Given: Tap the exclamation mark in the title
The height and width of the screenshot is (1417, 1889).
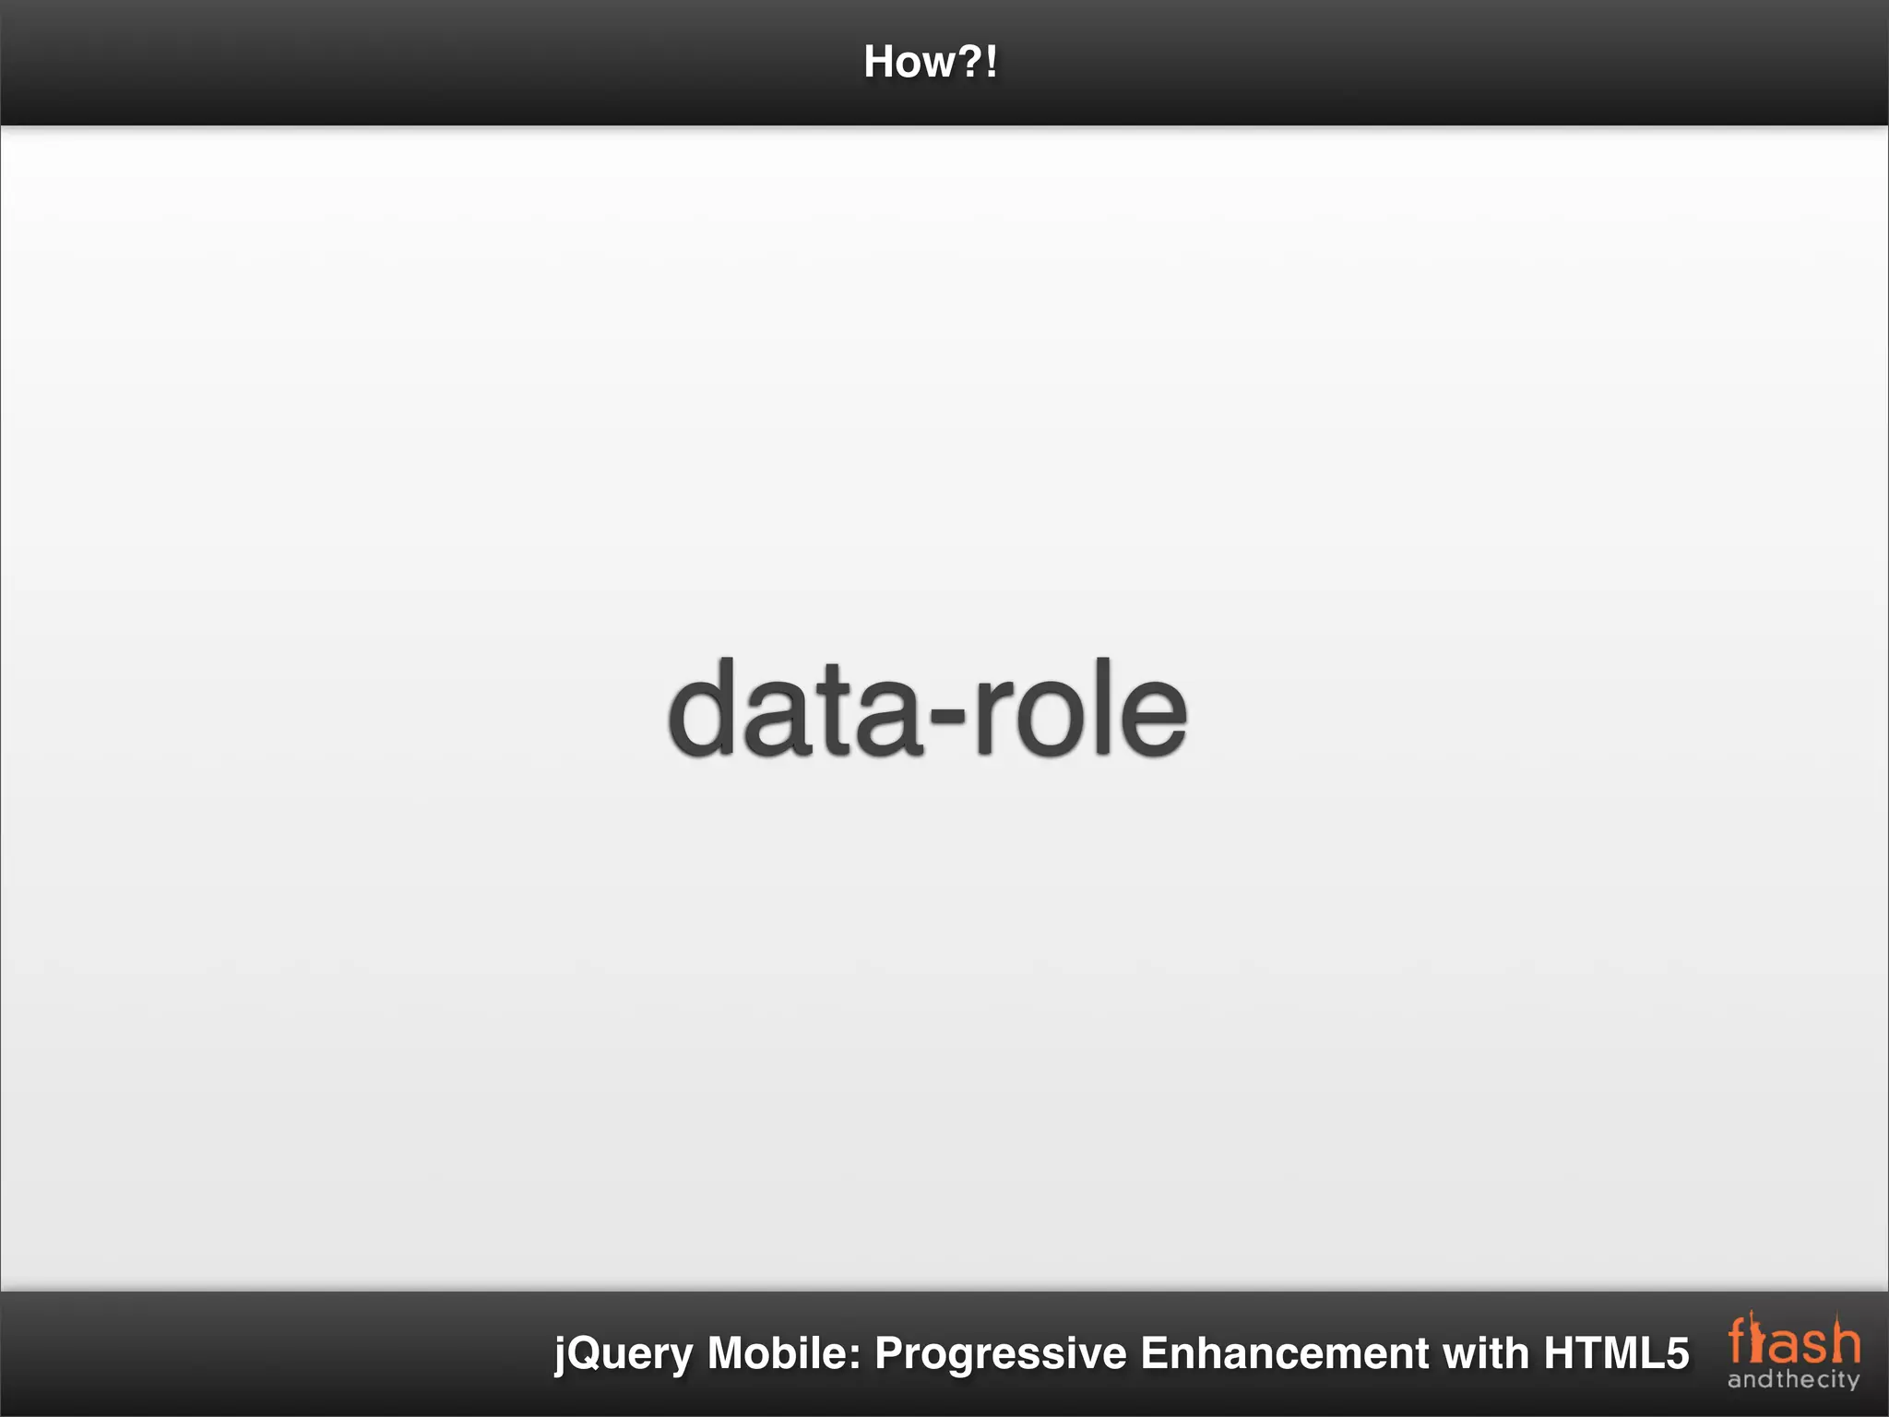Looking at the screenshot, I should (992, 62).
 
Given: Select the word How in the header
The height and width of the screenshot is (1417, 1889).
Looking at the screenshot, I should (908, 62).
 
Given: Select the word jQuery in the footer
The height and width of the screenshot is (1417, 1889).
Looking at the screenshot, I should (624, 1354).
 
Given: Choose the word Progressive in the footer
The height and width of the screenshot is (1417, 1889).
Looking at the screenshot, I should (1001, 1354).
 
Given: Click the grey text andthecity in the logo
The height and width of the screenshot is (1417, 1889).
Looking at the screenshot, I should (1793, 1380).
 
